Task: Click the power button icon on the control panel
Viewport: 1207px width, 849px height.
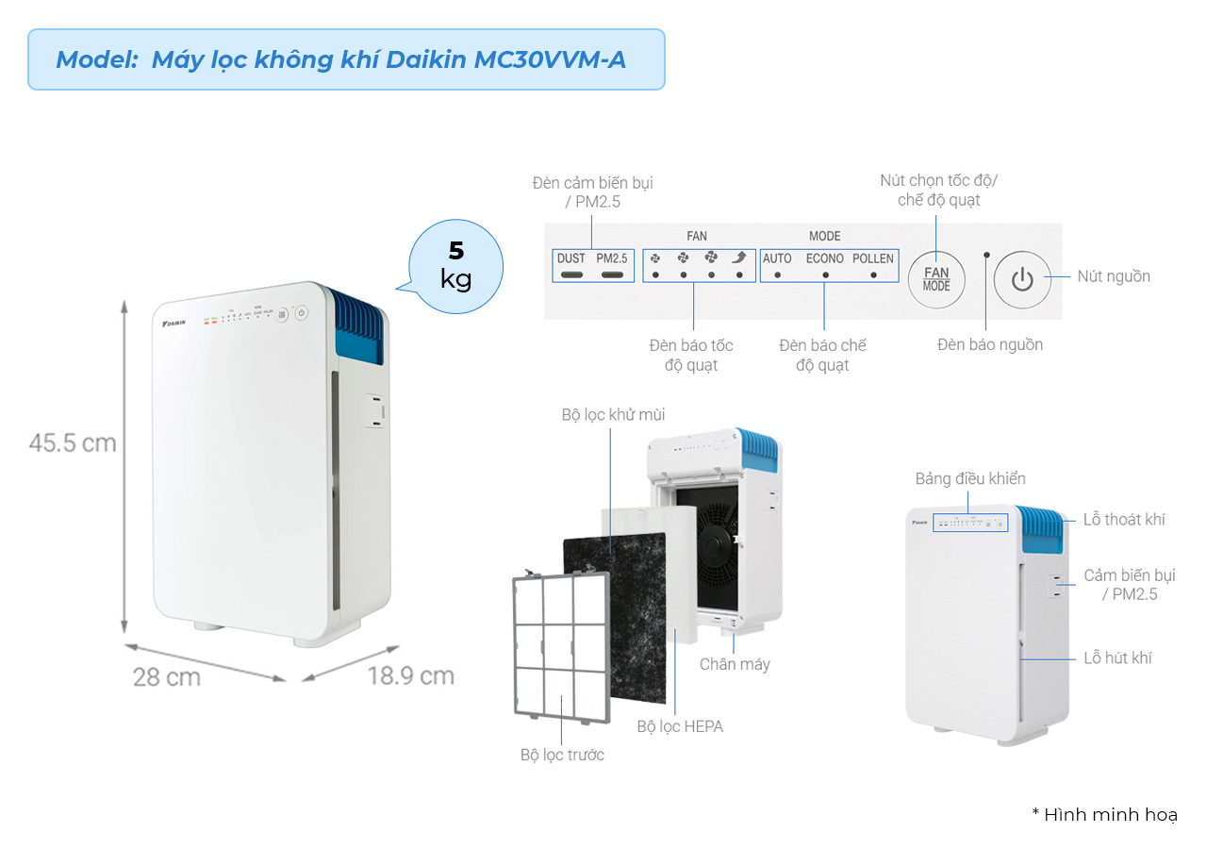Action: [1022, 279]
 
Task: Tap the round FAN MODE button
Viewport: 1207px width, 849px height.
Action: [936, 278]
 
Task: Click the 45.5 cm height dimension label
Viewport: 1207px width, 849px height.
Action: [73, 442]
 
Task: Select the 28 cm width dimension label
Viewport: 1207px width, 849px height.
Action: [167, 676]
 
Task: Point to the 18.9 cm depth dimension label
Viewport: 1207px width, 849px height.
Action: [410, 675]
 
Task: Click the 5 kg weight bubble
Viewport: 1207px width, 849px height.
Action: [456, 265]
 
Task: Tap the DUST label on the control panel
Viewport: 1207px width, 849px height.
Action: [570, 258]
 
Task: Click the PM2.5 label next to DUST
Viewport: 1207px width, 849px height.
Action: [612, 258]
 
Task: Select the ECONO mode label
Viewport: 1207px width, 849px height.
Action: [825, 258]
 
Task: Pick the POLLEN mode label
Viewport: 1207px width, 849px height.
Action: [873, 258]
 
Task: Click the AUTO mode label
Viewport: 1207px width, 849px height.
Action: [777, 258]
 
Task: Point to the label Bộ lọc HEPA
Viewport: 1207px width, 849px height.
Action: [680, 726]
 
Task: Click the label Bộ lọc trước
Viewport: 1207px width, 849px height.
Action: [562, 755]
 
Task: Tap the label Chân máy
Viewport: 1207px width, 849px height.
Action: [735, 664]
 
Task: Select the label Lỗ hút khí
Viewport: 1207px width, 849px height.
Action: [1117, 658]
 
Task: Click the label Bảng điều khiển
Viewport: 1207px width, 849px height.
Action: [970, 478]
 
